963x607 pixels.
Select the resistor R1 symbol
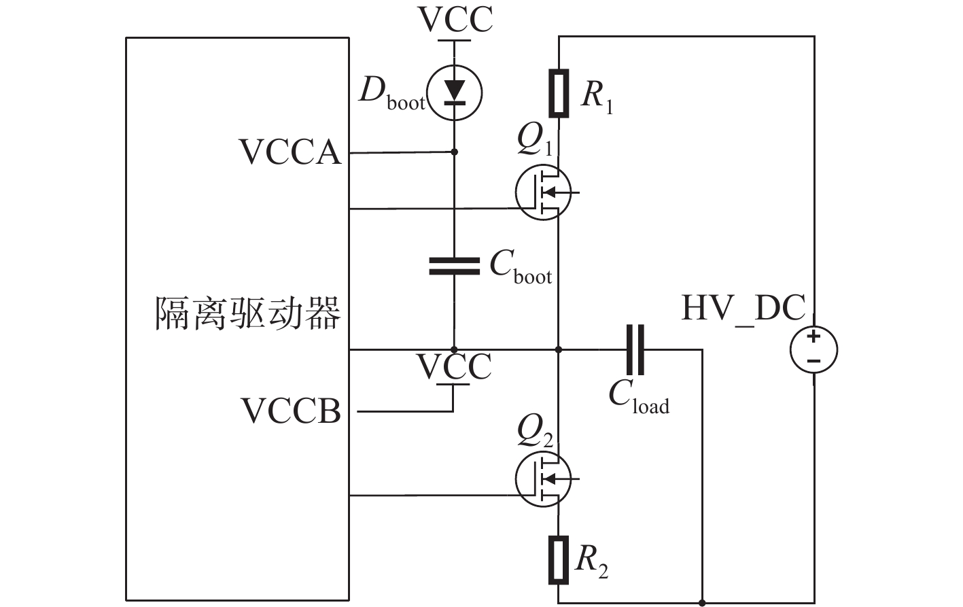(x=559, y=93)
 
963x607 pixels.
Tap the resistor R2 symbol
(x=559, y=559)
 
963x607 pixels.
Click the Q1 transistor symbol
(x=542, y=192)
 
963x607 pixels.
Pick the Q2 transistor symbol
(x=542, y=479)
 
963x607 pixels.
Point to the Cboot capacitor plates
(x=454, y=266)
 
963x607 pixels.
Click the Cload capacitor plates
(x=635, y=350)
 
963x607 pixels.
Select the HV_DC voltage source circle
(x=813, y=349)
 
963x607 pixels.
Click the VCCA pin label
(x=290, y=152)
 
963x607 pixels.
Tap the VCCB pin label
(x=291, y=411)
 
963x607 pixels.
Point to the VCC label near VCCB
(x=454, y=367)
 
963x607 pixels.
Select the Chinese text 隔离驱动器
(x=248, y=313)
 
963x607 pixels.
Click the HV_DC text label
(x=743, y=308)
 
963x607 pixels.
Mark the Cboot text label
(x=521, y=266)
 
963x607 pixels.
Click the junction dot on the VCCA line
(x=454, y=152)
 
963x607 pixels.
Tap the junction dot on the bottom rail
(x=702, y=602)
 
